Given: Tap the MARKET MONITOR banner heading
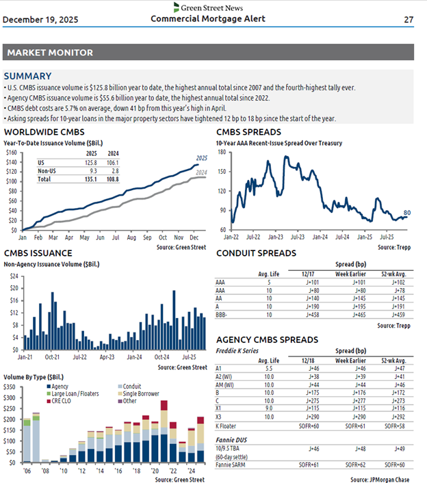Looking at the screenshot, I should [x=49, y=53].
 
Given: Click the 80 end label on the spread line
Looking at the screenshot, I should [x=406, y=213].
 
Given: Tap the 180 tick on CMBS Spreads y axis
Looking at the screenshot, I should [x=222, y=152].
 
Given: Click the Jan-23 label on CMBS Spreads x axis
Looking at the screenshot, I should [x=276, y=237].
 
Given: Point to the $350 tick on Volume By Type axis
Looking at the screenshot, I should [x=13, y=387].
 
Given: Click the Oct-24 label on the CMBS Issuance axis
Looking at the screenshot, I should [x=162, y=356].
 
